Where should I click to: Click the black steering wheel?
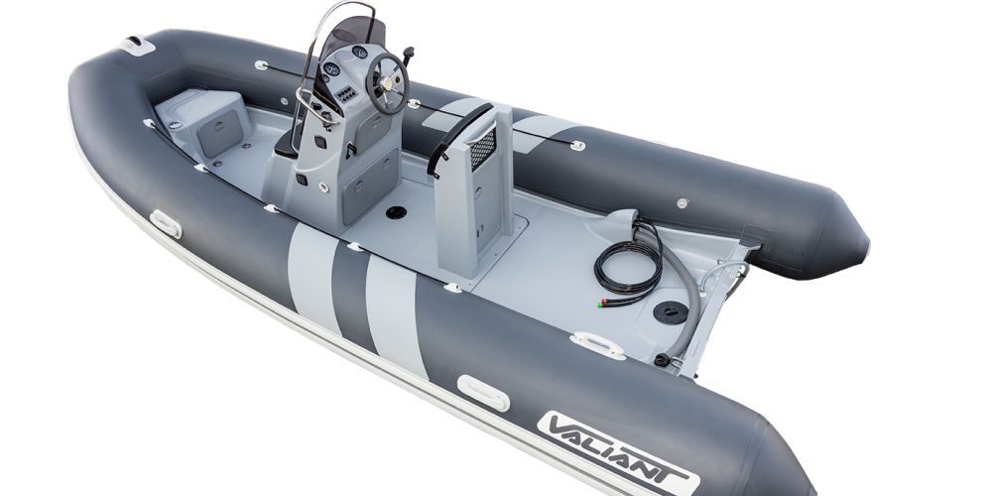pyautogui.click(x=388, y=84)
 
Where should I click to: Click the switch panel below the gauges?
pyautogui.click(x=347, y=94)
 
